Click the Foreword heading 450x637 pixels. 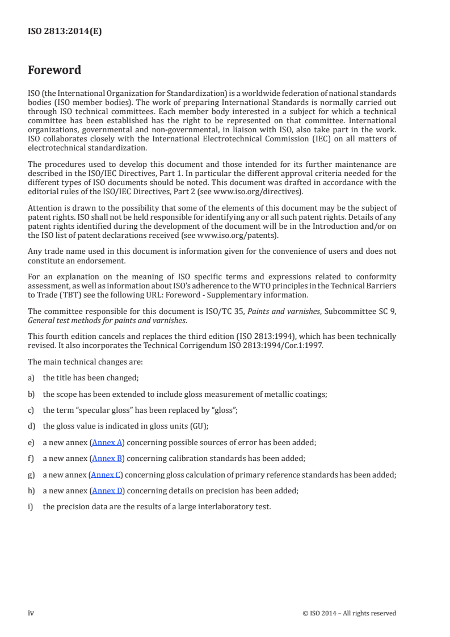tap(54, 70)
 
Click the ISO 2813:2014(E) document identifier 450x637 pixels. tap(65, 32)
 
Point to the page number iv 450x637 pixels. tap(32, 613)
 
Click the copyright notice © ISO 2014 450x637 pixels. tap(350, 613)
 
